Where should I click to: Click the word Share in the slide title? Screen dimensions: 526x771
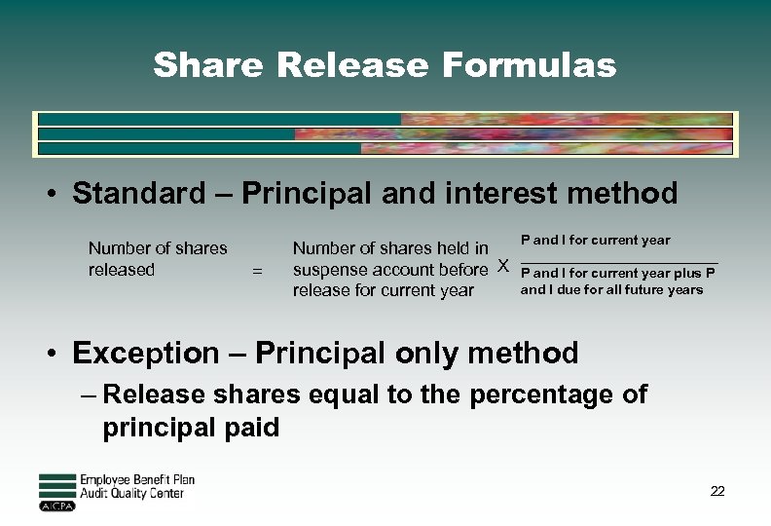[209, 65]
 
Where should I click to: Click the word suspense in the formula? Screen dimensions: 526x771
[330, 270]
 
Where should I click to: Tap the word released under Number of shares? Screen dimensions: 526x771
[122, 270]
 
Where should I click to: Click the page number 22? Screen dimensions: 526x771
[717, 491]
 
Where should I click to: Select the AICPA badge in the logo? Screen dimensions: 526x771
[56, 506]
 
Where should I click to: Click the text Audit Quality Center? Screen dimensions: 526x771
[131, 494]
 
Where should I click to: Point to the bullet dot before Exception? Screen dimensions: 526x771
[55, 354]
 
